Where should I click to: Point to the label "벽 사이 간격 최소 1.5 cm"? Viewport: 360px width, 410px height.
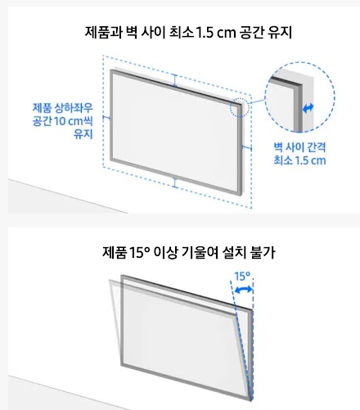(x=299, y=153)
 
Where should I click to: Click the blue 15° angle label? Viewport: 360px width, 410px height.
(x=242, y=277)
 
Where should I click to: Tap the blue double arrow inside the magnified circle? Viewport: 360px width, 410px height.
(x=308, y=107)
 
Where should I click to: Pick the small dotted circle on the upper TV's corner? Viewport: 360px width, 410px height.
(x=239, y=108)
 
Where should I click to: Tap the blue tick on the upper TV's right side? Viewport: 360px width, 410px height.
(x=247, y=147)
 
